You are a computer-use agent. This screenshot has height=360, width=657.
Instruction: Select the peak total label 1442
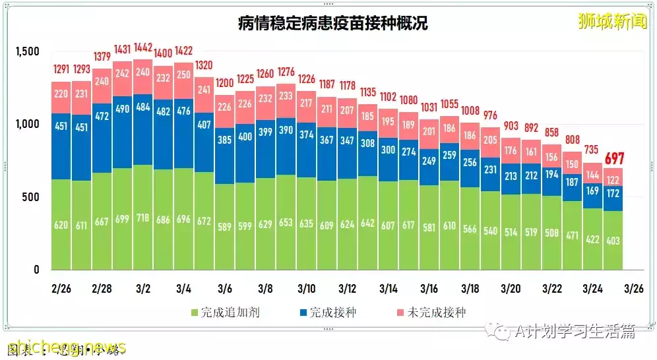(143, 48)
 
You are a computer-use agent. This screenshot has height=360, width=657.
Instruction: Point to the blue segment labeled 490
(123, 109)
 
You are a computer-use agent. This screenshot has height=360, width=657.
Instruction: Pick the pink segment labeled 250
(184, 75)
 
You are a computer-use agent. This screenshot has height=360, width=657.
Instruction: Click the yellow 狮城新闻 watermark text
(611, 21)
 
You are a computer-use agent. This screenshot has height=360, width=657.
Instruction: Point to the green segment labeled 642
(368, 223)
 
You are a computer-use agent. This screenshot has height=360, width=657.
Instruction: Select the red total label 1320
(204, 65)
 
